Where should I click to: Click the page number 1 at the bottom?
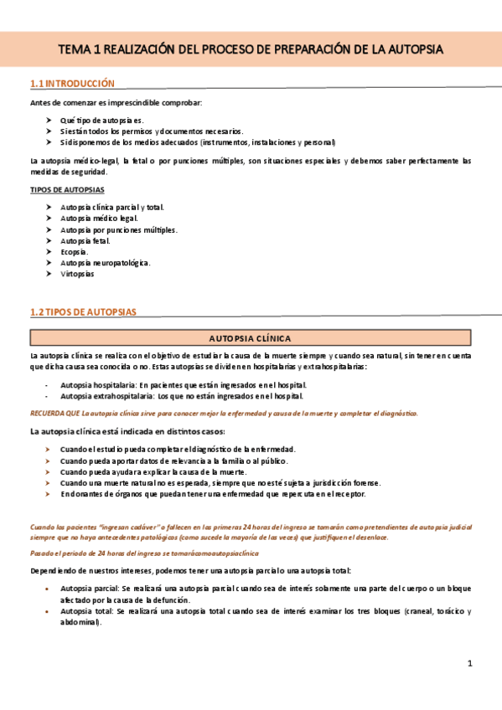click(471, 664)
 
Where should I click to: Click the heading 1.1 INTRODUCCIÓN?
click(71, 84)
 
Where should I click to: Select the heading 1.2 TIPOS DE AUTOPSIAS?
click(82, 312)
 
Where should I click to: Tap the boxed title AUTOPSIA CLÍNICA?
click(250, 338)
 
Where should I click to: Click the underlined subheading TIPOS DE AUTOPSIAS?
click(67, 190)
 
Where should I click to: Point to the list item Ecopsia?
click(74, 251)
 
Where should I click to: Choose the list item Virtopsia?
click(77, 274)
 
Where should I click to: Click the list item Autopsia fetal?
click(85, 240)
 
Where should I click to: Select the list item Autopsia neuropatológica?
click(106, 263)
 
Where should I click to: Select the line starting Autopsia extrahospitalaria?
click(182, 396)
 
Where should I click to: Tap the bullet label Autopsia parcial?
click(90, 589)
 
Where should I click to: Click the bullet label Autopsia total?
click(87, 611)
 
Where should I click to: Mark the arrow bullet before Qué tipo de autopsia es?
click(50, 121)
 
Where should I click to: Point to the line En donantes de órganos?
click(213, 494)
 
